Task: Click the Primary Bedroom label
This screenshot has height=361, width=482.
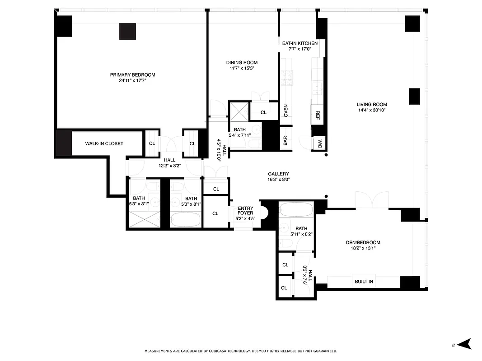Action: (x=132, y=75)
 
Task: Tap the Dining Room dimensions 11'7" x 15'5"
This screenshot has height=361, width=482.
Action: (x=242, y=69)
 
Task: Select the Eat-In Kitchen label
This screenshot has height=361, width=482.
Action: (x=299, y=43)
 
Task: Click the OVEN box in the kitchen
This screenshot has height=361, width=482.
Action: (x=285, y=111)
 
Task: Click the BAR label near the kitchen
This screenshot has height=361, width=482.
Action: (x=285, y=141)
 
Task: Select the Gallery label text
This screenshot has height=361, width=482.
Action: (x=278, y=174)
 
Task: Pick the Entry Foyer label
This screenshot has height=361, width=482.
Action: (x=245, y=210)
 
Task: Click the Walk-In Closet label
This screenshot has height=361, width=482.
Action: (x=104, y=143)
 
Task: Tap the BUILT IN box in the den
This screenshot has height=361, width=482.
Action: (x=364, y=282)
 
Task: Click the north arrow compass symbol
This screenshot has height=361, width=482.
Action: (x=465, y=344)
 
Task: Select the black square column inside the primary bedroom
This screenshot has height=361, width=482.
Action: (x=127, y=31)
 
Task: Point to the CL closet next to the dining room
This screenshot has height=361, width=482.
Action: (x=263, y=112)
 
